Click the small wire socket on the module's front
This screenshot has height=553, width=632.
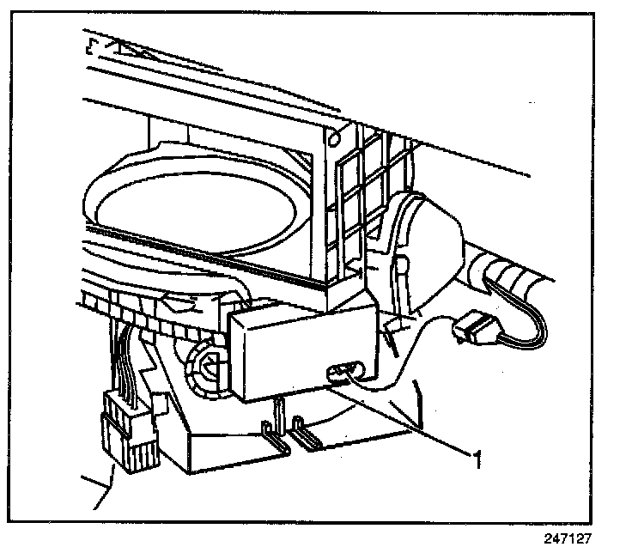[341, 371]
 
